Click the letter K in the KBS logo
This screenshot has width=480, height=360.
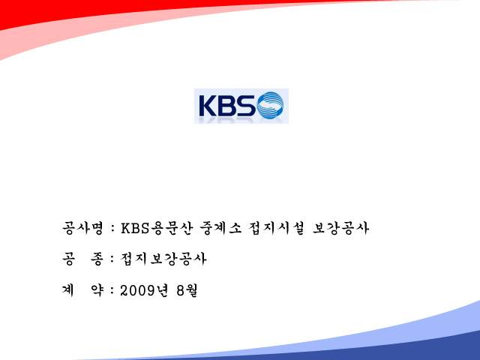click(x=208, y=106)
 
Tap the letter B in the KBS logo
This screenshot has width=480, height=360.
click(x=226, y=106)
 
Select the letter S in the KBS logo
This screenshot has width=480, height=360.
click(x=245, y=106)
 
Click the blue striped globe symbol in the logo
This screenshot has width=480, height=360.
click(x=271, y=105)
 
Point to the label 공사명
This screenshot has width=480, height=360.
click(x=82, y=228)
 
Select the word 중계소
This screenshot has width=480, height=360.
click(x=220, y=228)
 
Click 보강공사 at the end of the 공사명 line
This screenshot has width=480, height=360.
click(x=340, y=228)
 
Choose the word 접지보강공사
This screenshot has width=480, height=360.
click(x=163, y=259)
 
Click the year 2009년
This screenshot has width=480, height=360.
click(x=144, y=290)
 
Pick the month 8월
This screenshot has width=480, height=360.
click(x=187, y=290)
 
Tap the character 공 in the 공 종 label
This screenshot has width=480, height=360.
click(x=68, y=259)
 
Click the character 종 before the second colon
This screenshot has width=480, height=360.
click(x=97, y=259)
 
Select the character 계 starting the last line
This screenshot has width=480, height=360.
click(x=68, y=290)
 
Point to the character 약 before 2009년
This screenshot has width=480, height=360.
click(x=97, y=290)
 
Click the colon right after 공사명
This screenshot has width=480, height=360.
click(x=112, y=229)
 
